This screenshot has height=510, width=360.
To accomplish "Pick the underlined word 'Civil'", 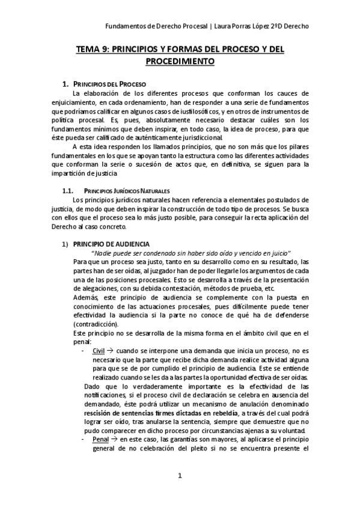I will [99, 349].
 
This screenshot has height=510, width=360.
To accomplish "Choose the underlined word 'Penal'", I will [100, 440].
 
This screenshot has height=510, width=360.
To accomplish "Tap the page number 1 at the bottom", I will [179, 476].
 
